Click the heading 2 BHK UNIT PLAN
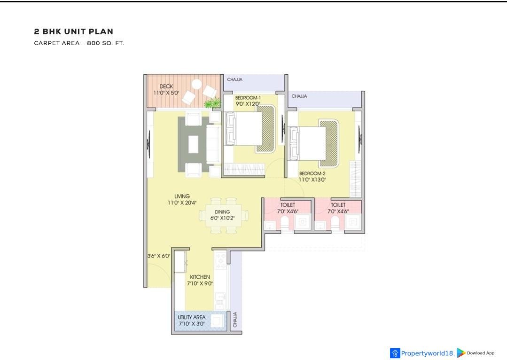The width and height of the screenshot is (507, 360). pos(74,31)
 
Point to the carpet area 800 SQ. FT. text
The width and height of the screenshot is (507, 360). pos(79,43)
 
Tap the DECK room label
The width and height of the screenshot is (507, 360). pos(166,86)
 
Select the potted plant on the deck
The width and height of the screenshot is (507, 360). pos(212,103)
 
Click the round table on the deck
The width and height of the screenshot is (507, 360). pos(196,85)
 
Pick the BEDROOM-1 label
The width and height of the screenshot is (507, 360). pos(248,98)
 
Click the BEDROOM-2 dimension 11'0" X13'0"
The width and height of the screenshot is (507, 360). pos(312,180)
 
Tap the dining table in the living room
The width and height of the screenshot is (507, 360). pos(224,215)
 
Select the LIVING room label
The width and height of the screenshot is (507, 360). pos(182,196)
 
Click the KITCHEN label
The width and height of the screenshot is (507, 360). pos(200,277)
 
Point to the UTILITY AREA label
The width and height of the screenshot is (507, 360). pos(191,317)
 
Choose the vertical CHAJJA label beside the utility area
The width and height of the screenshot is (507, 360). pos(235,320)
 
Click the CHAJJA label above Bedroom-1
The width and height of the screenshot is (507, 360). pos(235,79)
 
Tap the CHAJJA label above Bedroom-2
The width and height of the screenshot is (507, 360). pos(299,96)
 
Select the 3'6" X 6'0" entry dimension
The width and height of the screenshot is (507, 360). pos(159,256)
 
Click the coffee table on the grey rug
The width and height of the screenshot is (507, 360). pos(194,144)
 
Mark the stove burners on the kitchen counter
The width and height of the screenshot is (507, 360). pos(221,261)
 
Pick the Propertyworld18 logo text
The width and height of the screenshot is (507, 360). pos(428,353)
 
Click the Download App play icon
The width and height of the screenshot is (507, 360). pos(461,353)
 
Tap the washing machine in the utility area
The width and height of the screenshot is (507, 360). pos(217,321)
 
